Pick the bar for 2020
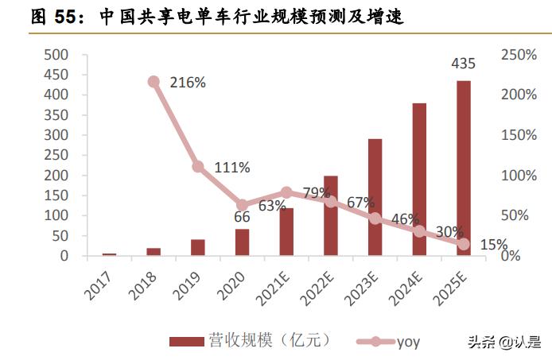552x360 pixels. [242, 242]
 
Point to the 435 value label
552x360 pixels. [463, 63]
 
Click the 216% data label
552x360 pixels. [190, 82]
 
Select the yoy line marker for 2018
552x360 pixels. [154, 82]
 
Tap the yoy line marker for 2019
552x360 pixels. [198, 166]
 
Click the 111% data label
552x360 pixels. [233, 168]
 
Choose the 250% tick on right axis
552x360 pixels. [519, 54]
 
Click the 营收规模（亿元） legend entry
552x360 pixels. [250, 342]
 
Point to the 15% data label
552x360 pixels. [493, 245]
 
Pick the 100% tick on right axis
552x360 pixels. [519, 176]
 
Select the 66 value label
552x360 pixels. [242, 216]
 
